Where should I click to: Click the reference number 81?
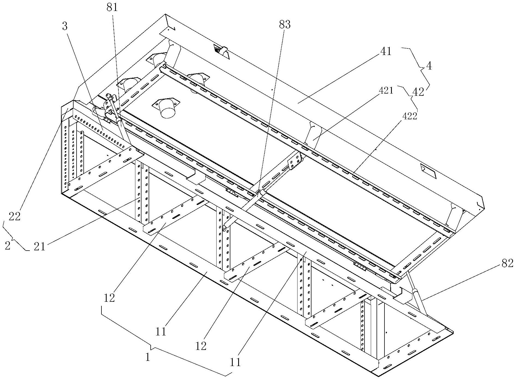tap(112, 8)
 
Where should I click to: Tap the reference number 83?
tap(285, 25)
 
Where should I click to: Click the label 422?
tap(409, 116)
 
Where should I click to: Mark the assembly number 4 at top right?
tap(429, 66)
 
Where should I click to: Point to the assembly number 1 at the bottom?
tap(148, 357)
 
